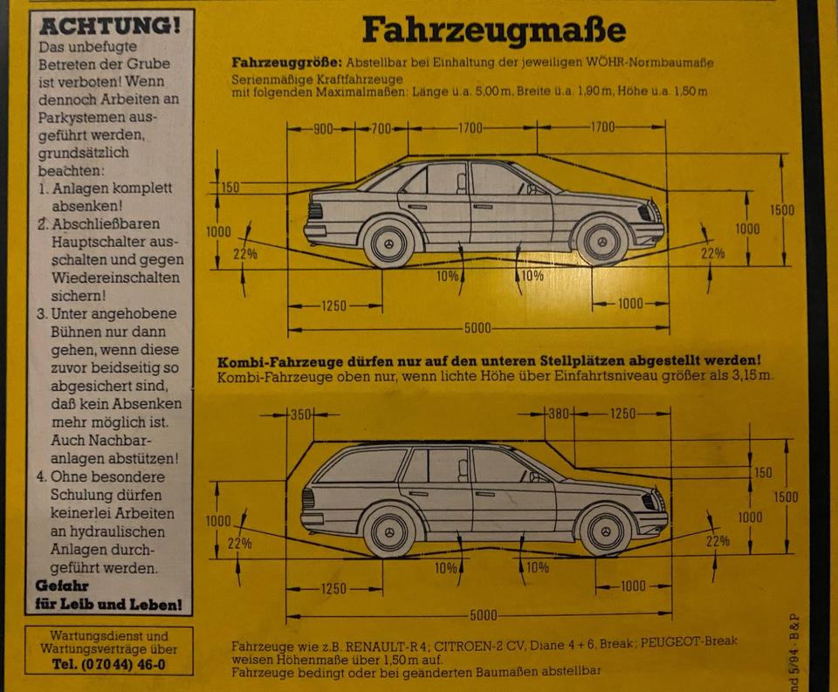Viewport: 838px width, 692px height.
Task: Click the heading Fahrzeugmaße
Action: coord(494,31)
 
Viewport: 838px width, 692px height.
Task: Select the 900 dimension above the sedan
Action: coord(323,129)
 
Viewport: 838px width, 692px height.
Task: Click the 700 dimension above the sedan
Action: coord(381,129)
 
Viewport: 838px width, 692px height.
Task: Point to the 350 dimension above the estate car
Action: coord(300,415)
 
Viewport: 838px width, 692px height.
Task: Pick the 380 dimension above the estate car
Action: coord(558,414)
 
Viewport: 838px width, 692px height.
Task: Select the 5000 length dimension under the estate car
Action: coord(483,616)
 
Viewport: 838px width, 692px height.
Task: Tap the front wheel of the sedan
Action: coord(601,241)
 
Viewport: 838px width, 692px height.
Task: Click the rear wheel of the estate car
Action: coord(388,531)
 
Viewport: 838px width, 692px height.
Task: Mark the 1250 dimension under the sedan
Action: coord(333,305)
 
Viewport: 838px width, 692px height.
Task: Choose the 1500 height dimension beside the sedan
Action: coord(783,209)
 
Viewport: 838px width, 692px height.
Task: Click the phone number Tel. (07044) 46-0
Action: coord(109,665)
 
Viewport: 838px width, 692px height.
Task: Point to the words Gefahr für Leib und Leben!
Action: coord(108,595)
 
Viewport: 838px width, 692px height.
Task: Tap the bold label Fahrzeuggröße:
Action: coord(287,64)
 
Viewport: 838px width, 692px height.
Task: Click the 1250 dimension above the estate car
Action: coord(622,414)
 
